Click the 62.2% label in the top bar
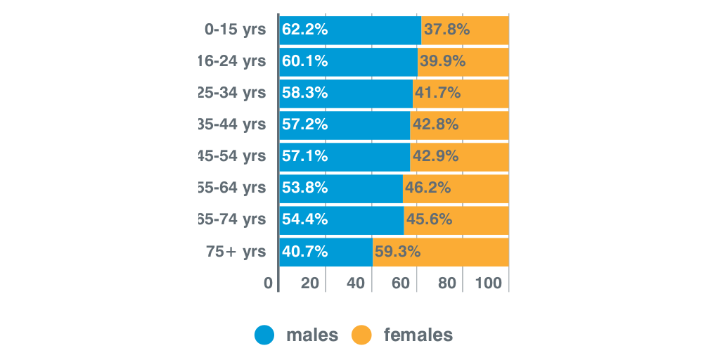click(x=304, y=30)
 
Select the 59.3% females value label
click(x=397, y=252)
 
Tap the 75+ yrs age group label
click(x=236, y=252)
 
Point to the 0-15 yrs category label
click(x=235, y=30)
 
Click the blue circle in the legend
click(x=264, y=335)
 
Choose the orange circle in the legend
click(x=361, y=335)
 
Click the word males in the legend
click(x=311, y=335)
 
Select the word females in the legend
click(x=418, y=335)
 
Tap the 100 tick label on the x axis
click(x=488, y=283)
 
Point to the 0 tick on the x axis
click(x=268, y=283)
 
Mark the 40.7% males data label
click(x=304, y=252)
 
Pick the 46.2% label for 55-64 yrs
click(x=427, y=188)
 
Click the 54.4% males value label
click(x=304, y=219)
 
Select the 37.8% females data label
click(x=446, y=30)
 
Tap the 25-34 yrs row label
click(x=232, y=93)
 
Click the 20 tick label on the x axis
click(x=310, y=283)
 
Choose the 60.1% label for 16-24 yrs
click(x=304, y=61)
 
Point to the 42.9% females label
click(x=435, y=156)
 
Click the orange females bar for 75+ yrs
click(x=464, y=252)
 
